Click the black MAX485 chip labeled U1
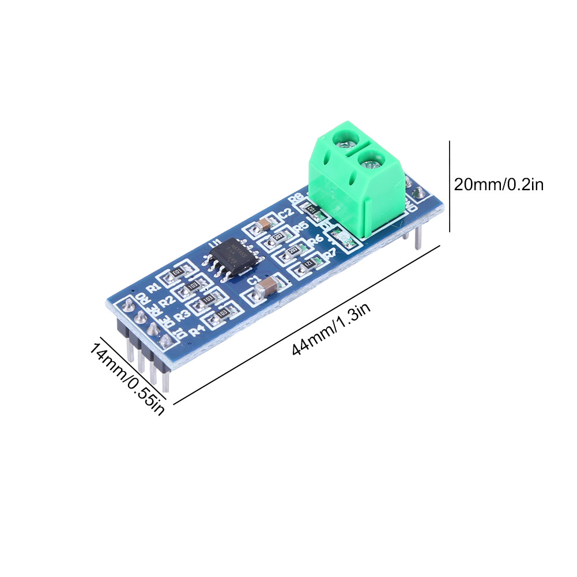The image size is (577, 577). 233,257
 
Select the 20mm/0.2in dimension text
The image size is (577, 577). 499,184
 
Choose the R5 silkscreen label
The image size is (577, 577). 300,227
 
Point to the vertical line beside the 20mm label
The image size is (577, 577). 450,184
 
